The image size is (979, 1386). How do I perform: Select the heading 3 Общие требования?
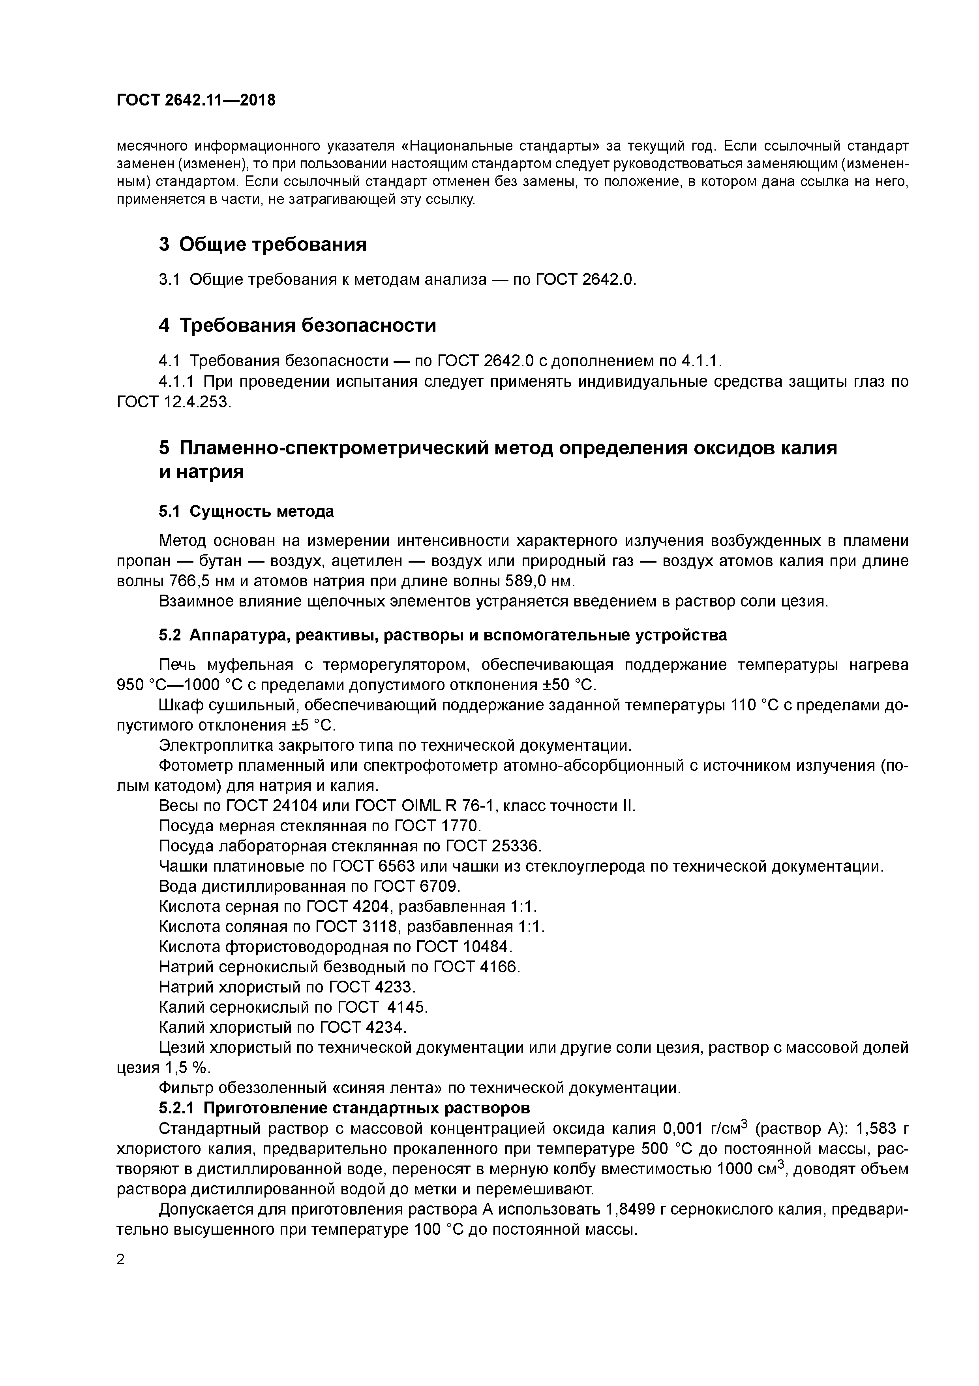point(263,245)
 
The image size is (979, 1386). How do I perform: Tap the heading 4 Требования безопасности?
point(297,326)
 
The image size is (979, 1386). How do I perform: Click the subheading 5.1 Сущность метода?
point(246,511)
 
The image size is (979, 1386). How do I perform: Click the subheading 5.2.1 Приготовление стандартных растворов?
point(345,1108)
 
